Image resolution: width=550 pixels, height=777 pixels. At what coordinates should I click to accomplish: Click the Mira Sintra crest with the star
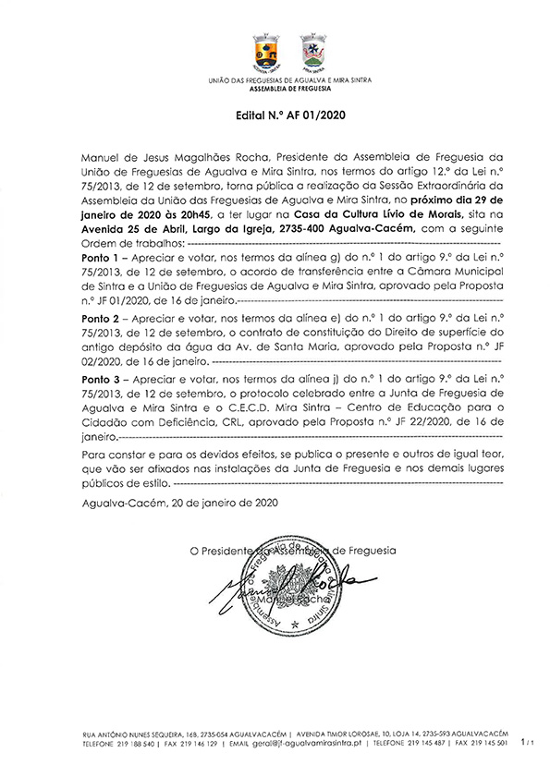(311, 51)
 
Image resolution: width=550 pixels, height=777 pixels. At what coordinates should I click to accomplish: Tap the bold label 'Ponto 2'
(100, 317)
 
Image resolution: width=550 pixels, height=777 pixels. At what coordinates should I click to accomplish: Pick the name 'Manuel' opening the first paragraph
(103, 155)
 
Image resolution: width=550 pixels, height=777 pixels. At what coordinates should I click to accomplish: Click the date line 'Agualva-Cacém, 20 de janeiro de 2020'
(178, 504)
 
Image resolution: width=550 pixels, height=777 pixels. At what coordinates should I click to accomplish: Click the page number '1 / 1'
(528, 742)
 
